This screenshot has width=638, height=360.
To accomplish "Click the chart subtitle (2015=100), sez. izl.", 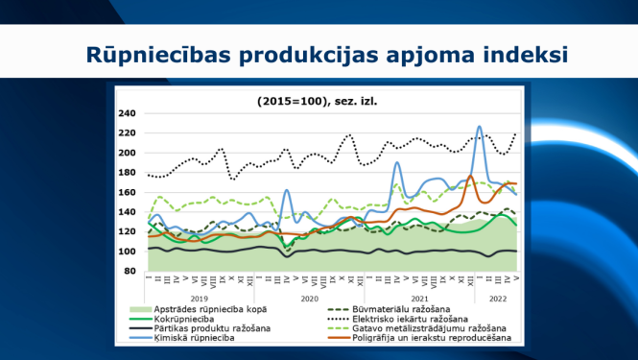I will [318, 100].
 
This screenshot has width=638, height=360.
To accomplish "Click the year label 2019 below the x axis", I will [200, 299].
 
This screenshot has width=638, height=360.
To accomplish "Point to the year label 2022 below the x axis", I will [498, 299].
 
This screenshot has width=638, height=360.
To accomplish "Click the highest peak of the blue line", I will [480, 127].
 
